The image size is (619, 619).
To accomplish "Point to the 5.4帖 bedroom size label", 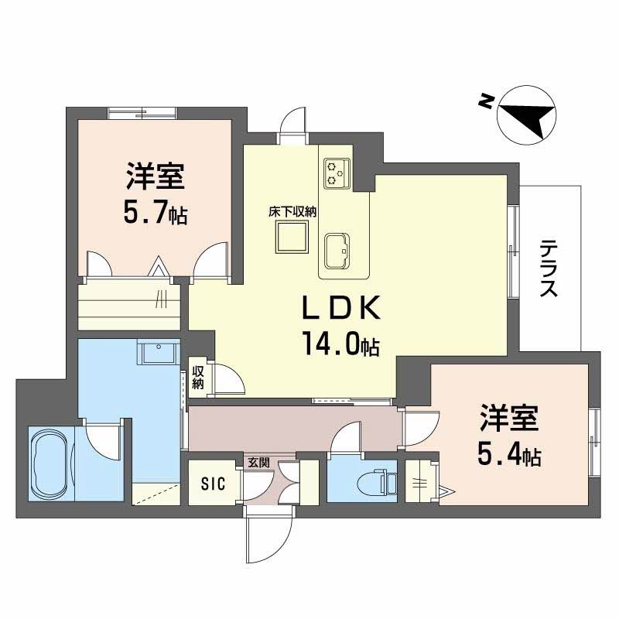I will click(x=508, y=456).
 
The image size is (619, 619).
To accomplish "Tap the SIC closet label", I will click(x=213, y=484).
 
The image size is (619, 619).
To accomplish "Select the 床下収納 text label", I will click(x=295, y=210).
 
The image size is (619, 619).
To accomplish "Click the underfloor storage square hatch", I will click(x=295, y=237).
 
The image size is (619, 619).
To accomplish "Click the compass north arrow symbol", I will click(x=527, y=115).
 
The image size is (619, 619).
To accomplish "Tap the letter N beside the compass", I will click(x=485, y=101).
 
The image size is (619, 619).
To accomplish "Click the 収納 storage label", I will click(x=199, y=377).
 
